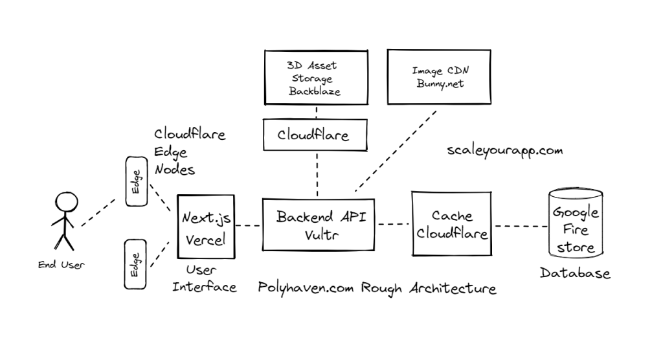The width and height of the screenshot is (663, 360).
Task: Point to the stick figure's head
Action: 67,202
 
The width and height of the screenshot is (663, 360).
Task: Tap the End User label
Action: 62,265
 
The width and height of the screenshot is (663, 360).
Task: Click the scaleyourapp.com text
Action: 505,151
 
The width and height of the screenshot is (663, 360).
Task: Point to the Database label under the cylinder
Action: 575,273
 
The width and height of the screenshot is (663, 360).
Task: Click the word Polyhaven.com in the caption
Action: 306,289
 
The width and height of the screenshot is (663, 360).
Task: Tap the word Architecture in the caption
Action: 453,288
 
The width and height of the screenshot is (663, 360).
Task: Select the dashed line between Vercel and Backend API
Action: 248,225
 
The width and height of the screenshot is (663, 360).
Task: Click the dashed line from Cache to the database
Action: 521,226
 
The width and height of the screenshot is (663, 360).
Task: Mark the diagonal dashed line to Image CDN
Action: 396,151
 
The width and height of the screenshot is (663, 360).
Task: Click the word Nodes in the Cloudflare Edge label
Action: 175,170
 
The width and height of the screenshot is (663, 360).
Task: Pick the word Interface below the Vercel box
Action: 204,287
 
